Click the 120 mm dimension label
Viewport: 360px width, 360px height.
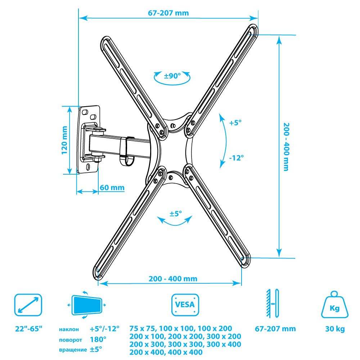tap(64, 140)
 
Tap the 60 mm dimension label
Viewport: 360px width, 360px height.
tap(112, 188)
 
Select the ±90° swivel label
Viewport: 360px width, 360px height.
tap(172, 76)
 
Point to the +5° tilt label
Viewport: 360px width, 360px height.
tap(235, 123)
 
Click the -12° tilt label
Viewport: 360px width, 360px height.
tap(236, 158)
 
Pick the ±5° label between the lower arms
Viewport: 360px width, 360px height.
tap(176, 214)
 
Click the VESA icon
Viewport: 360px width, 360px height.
tap(185, 305)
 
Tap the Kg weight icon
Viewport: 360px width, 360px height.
tap(334, 305)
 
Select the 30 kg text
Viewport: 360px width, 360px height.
tap(335, 329)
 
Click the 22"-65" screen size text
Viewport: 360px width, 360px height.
tap(29, 329)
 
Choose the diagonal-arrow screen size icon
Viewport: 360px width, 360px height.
tap(28, 305)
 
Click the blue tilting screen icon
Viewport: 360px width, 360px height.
tap(86, 305)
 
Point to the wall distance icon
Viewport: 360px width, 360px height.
tap(272, 303)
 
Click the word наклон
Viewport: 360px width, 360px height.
tap(69, 329)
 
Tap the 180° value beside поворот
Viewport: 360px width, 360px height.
tap(98, 339)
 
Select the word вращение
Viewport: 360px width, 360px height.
tap(73, 350)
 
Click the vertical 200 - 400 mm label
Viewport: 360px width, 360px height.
tap(286, 147)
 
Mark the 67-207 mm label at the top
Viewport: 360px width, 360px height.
tap(168, 13)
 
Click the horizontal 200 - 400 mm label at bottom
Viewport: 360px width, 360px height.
tap(173, 279)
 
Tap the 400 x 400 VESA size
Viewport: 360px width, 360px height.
tap(185, 352)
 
